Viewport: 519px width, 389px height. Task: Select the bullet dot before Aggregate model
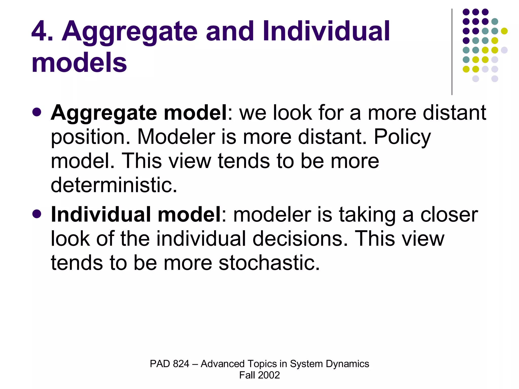click(x=37, y=112)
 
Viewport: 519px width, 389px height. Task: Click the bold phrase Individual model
click(x=136, y=215)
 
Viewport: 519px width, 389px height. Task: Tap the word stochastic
click(x=266, y=263)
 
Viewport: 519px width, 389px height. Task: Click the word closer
click(x=449, y=215)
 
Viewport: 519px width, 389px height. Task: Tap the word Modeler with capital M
click(x=176, y=137)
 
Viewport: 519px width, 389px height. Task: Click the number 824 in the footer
click(x=181, y=364)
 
